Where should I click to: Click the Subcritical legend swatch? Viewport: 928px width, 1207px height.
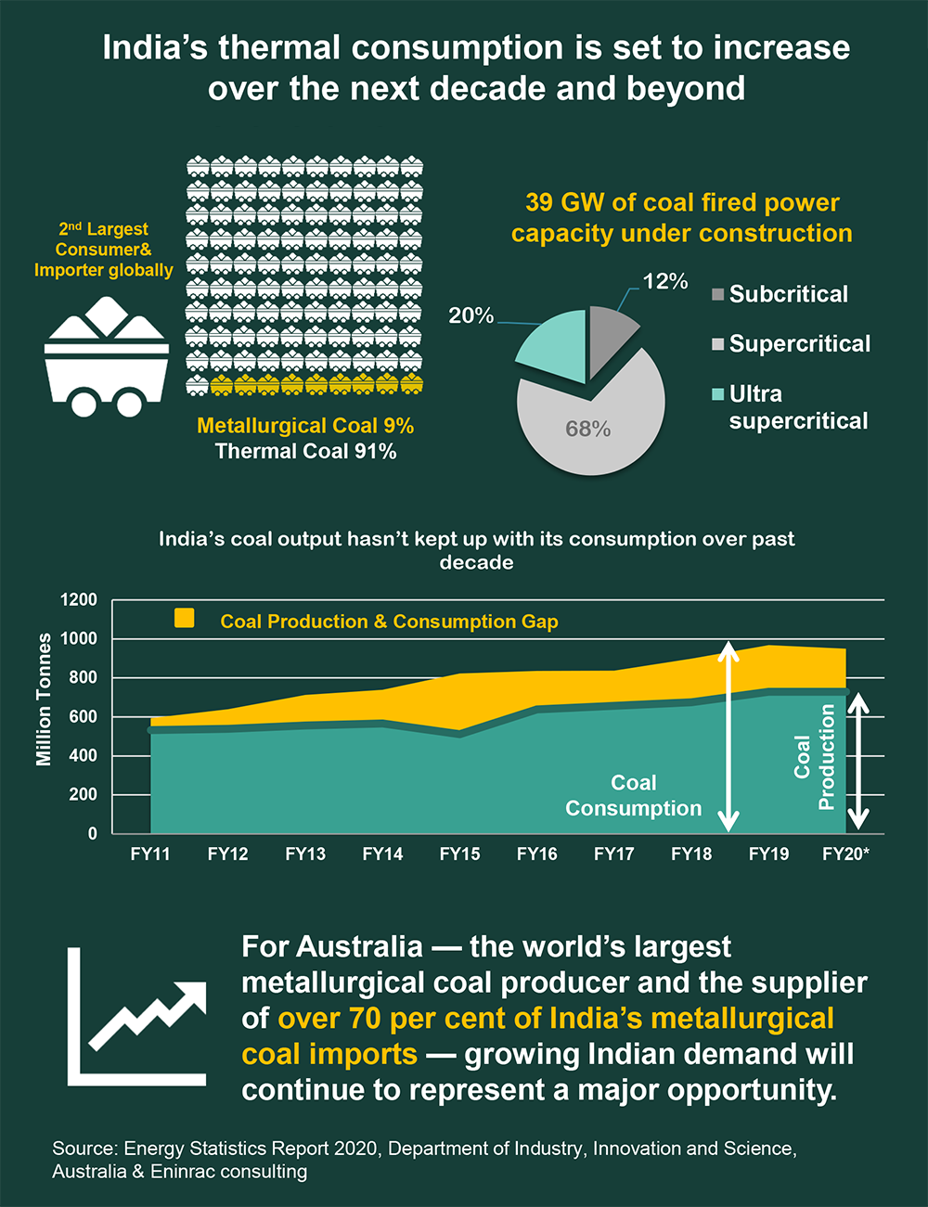pos(717,295)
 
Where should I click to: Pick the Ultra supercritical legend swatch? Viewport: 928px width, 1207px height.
pos(717,394)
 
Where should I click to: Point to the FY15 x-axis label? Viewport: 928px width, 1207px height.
pos(459,854)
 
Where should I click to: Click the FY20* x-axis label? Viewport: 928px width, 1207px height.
pos(845,854)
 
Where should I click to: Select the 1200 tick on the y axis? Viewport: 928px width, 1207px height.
pos(79,600)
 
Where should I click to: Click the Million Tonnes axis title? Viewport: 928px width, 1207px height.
pos(44,700)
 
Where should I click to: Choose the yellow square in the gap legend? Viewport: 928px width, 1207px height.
pos(185,618)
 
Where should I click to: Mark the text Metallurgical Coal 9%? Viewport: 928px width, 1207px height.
pos(305,426)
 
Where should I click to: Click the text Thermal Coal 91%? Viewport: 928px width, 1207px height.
pos(305,452)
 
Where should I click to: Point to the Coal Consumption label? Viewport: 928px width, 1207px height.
pos(634,796)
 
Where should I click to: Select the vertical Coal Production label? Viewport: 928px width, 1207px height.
pos(815,757)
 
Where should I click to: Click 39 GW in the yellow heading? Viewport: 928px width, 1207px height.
pos(560,202)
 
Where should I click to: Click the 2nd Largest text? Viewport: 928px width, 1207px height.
pos(103,229)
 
